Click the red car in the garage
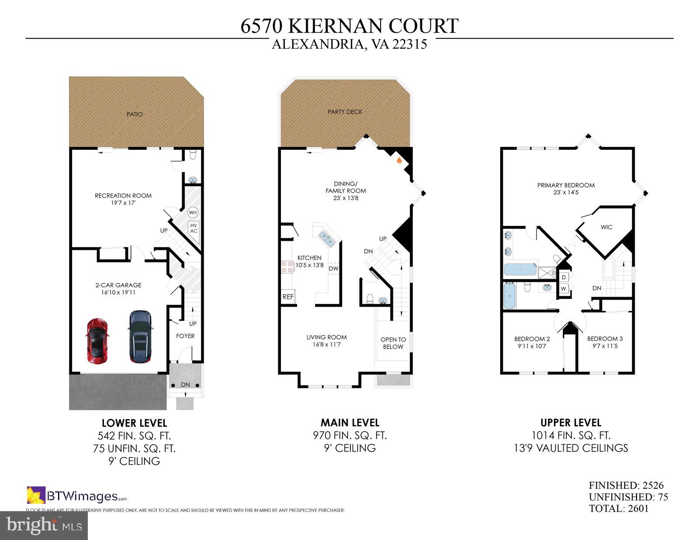[x=97, y=341]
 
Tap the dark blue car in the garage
[x=140, y=336]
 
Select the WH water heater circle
[x=193, y=212]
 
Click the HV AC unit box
[x=194, y=228]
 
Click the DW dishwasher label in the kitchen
[x=333, y=268]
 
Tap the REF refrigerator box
[x=288, y=297]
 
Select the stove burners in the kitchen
[x=287, y=267]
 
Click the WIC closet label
[x=606, y=227]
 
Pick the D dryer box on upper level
[x=564, y=277]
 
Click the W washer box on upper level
[x=564, y=288]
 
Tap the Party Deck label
[x=345, y=112]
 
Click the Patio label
[x=135, y=114]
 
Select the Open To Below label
[x=393, y=343]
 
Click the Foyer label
[x=185, y=336]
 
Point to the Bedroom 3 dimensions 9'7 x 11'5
[x=605, y=346]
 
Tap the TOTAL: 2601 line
[x=619, y=509]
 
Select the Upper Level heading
[x=571, y=422]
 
